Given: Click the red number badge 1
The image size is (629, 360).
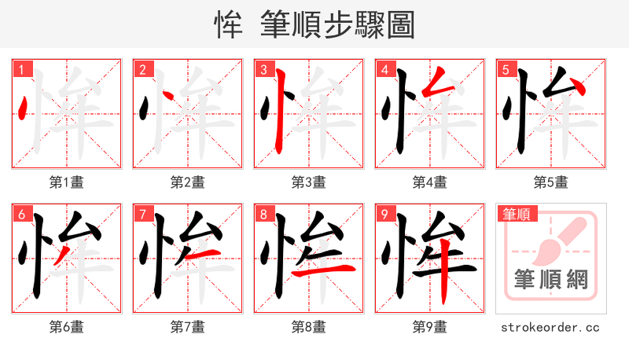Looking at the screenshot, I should (x=21, y=69).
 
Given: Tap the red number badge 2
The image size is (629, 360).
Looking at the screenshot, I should (x=142, y=69).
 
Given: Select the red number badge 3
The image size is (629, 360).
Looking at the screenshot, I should (x=263, y=69).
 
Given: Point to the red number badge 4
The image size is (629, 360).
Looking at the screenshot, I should (x=384, y=69).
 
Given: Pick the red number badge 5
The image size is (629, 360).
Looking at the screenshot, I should (x=506, y=69).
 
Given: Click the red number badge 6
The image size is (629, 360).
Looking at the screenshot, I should (x=21, y=214).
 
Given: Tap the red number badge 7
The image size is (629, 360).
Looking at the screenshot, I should (x=142, y=214).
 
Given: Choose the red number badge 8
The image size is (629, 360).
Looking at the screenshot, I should (x=263, y=214).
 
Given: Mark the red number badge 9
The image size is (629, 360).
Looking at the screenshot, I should (x=384, y=214).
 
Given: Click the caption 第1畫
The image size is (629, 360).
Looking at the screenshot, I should (x=67, y=182).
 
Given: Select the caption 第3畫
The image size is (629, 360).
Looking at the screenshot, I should (x=309, y=182).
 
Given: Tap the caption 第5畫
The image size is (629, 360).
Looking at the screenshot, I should (x=551, y=182).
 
